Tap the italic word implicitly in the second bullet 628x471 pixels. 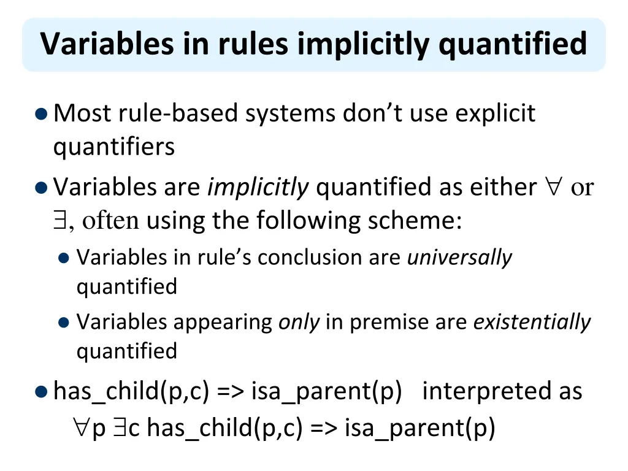coord(258,187)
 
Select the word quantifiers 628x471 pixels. coord(114,147)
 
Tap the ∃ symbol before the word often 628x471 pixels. coord(59,220)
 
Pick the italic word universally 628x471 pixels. coord(459,258)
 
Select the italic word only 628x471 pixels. coord(299,322)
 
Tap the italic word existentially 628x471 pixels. coord(532,322)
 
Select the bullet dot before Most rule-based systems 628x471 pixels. coord(40,114)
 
